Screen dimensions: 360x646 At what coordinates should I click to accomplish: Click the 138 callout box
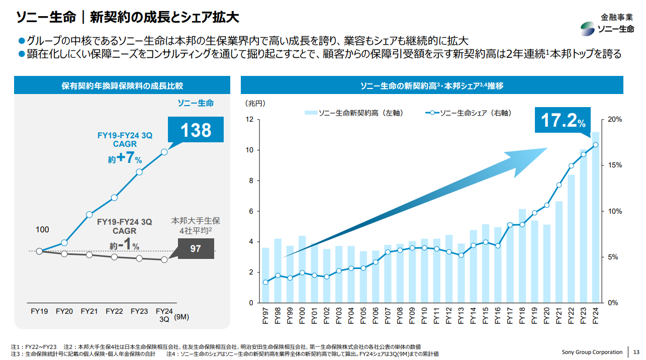pos(196,130)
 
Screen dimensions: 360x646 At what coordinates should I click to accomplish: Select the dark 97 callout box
pos(196,249)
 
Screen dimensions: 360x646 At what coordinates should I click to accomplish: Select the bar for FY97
pos(265,275)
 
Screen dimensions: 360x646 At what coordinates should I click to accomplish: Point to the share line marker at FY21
pos(559,185)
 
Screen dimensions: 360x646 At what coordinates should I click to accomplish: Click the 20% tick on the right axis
pos(615,120)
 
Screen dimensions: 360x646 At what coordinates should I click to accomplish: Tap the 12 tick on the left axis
pos(249,120)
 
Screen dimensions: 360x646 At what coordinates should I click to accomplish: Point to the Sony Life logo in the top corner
pos(607,29)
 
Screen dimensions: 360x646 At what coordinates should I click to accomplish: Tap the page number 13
pos(636,352)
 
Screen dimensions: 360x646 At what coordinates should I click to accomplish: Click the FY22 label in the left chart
pos(114,311)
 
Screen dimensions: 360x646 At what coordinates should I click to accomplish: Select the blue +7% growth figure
pos(125,158)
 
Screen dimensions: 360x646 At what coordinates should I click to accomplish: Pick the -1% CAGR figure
pos(125,245)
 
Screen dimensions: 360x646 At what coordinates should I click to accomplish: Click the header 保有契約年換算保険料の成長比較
pos(122,85)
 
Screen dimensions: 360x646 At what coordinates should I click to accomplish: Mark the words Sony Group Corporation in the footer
pos(592,352)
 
